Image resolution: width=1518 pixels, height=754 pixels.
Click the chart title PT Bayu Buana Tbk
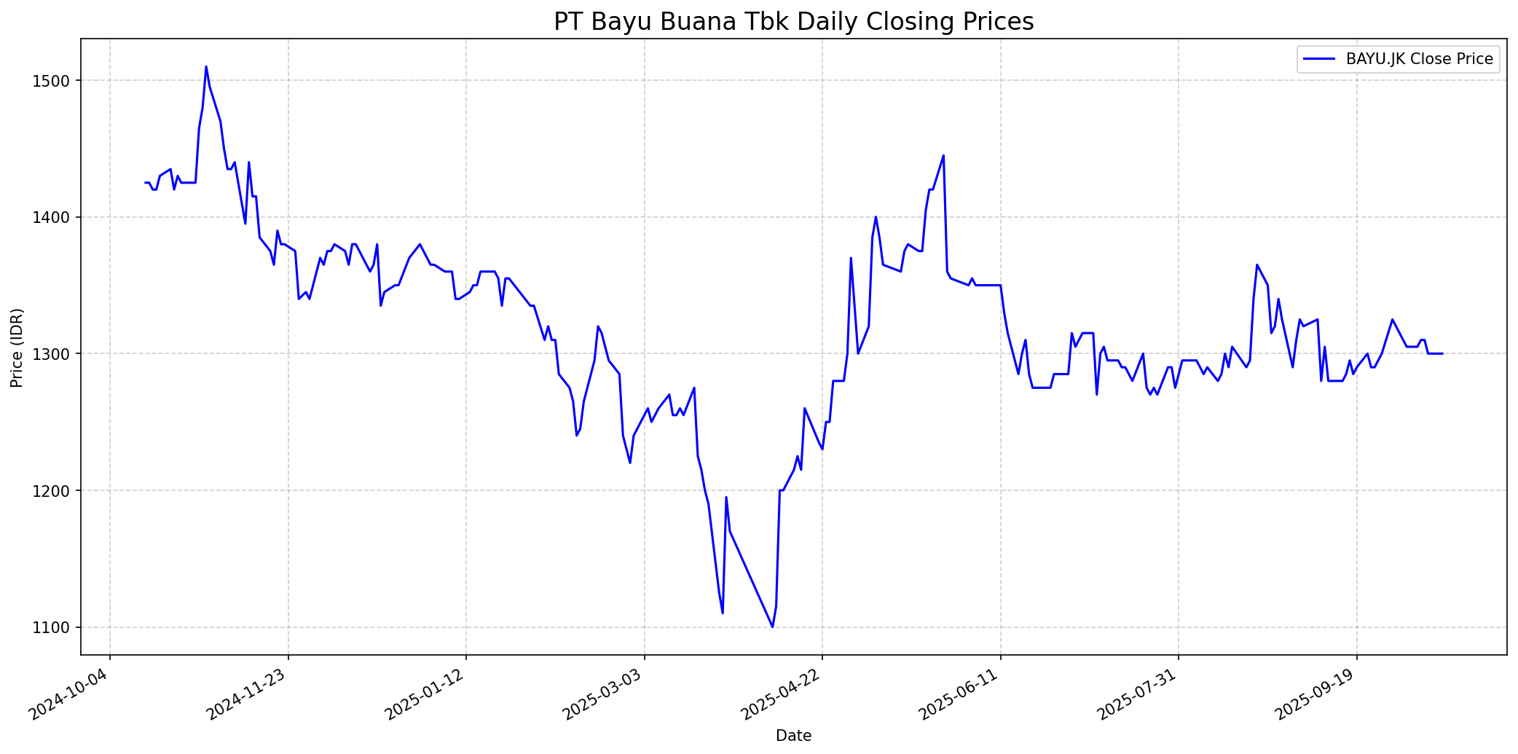click(793, 22)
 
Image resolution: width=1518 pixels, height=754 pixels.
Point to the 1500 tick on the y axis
click(56, 81)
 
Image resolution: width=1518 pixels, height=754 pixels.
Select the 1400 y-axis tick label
click(56, 217)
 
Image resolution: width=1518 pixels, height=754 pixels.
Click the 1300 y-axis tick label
click(56, 354)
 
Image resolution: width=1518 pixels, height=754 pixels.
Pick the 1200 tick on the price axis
click(56, 491)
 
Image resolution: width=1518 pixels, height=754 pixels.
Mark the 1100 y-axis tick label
click(56, 627)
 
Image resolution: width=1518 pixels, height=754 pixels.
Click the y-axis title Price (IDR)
click(17, 347)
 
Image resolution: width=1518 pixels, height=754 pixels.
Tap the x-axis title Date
click(793, 736)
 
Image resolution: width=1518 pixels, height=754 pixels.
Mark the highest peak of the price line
click(206, 67)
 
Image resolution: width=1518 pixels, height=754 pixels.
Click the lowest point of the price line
click(772, 627)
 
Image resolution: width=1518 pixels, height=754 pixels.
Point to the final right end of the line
click(1442, 354)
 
